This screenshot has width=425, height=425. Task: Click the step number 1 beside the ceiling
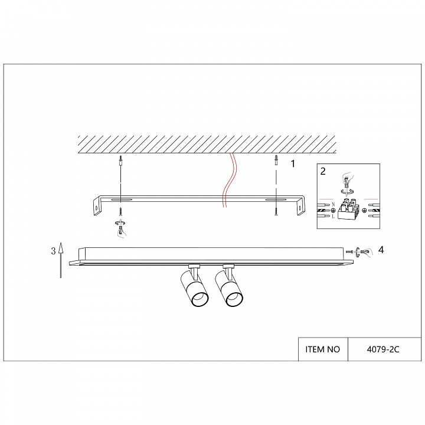pos(292,164)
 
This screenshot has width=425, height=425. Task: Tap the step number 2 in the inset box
pos(322,171)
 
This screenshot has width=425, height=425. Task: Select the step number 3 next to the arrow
pos(53,251)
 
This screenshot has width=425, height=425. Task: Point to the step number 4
pos(381,250)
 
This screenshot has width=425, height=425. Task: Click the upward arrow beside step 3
pos(61,260)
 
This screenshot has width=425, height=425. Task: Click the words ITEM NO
pos(322,349)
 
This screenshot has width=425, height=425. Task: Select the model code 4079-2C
pos(383,349)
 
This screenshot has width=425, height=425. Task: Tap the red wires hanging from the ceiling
pos(229,180)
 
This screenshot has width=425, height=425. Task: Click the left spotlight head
pos(194,287)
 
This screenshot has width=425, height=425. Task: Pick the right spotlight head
pos(229,287)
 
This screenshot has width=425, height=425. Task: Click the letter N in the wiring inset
pos(333,204)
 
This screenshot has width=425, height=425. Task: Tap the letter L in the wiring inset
pos(333,217)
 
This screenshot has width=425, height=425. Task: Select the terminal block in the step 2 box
pos(349,210)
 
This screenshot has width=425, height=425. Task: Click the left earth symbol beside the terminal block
pos(333,210)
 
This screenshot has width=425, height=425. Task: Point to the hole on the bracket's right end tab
pos(300,208)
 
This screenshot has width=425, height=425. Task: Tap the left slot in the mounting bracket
pos(121,200)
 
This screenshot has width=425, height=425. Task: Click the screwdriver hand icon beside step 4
pos(365,252)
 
